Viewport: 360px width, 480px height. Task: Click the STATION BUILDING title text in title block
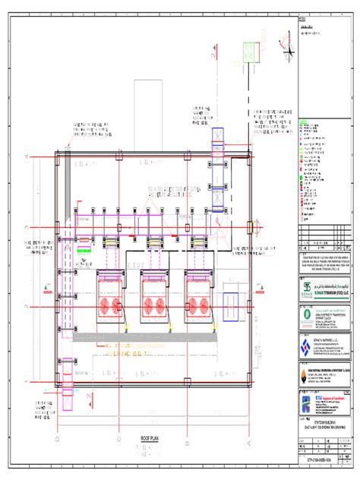(320, 422)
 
